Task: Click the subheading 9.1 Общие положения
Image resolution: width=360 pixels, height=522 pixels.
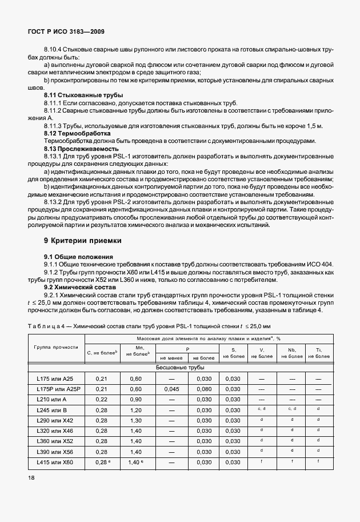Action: (x=78, y=256)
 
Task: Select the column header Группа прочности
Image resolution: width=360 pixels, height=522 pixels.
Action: (x=56, y=348)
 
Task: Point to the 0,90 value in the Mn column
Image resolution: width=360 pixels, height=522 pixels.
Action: (x=135, y=400)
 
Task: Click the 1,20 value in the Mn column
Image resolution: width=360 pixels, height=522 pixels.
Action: (x=135, y=410)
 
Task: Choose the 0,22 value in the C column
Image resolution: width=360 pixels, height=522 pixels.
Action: (x=102, y=400)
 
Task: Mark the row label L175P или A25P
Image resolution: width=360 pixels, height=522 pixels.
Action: (x=56, y=389)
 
